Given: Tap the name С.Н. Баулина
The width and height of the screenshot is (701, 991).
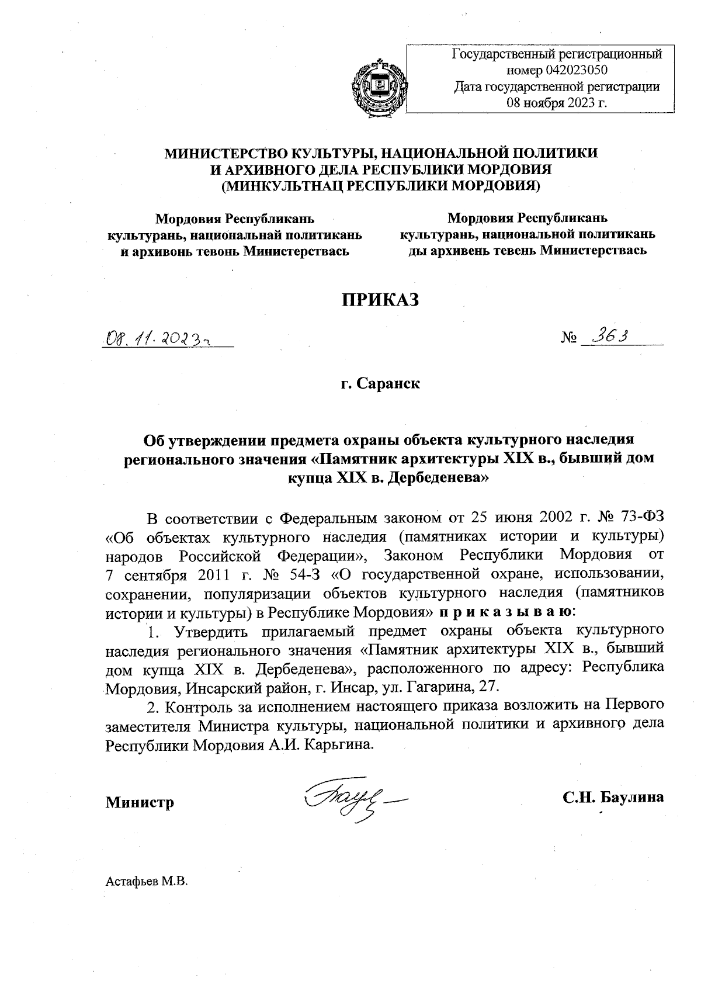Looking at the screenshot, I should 613,797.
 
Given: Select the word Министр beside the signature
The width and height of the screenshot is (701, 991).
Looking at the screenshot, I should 140,802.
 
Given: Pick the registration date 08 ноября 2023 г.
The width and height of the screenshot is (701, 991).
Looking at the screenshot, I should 557,103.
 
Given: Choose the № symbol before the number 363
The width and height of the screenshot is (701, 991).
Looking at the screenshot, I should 568,339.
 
